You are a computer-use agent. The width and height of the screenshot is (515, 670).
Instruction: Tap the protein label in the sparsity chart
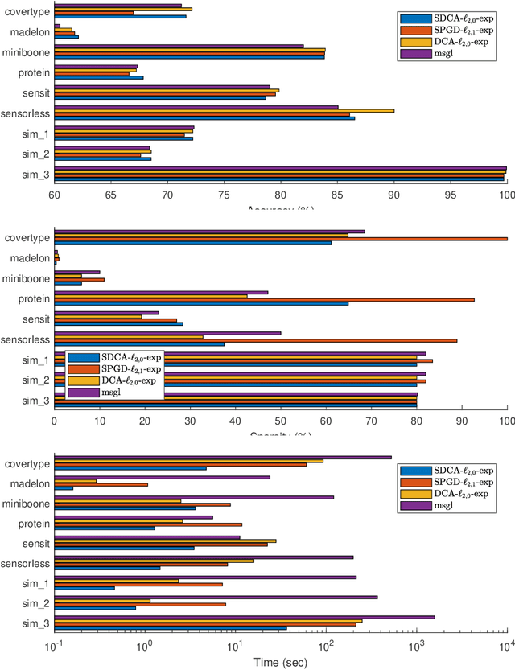pos(33,298)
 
